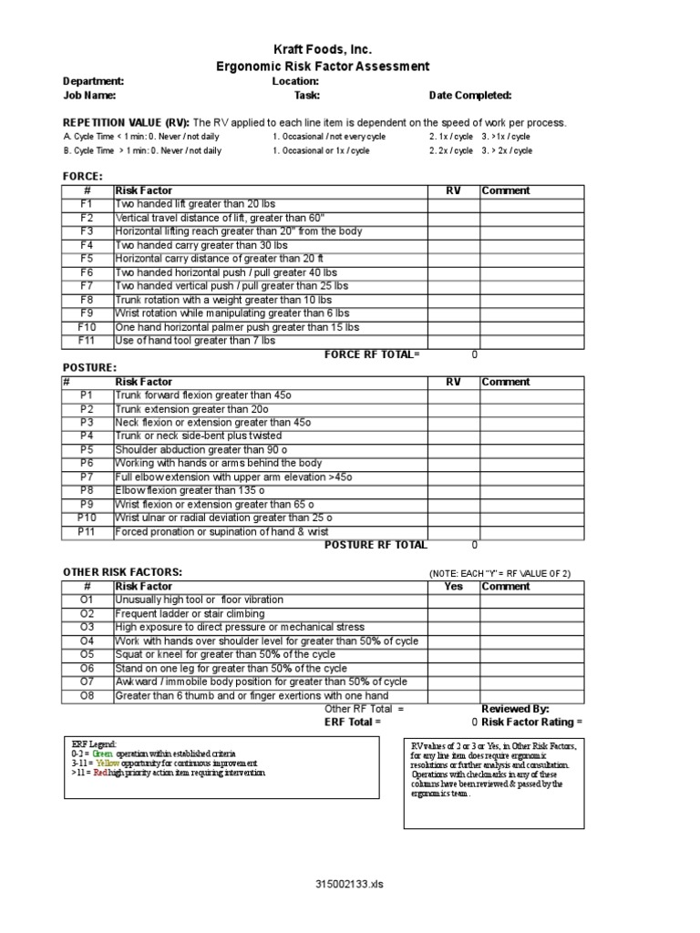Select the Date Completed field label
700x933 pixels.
tap(470, 95)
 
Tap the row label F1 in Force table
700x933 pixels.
tap(87, 205)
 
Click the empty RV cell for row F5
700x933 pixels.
tap(453, 260)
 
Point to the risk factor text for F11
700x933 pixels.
tap(194, 341)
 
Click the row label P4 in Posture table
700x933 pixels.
tap(87, 436)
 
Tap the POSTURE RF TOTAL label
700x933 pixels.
tap(376, 545)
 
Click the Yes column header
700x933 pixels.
tap(453, 587)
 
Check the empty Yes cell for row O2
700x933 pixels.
tap(453, 614)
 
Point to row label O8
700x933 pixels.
tap(87, 695)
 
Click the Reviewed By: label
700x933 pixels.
tap(515, 708)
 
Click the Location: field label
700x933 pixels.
tap(295, 81)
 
